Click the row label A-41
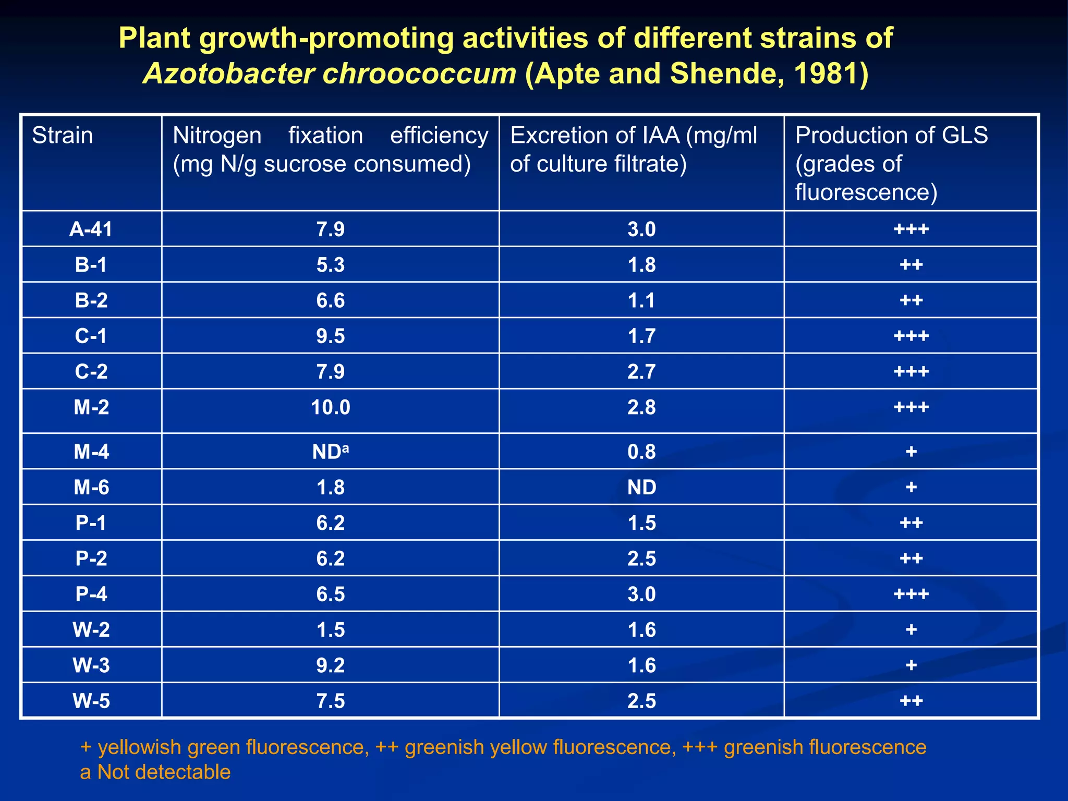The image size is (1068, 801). pyautogui.click(x=91, y=229)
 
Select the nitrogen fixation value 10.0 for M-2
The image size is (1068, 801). pyautogui.click(x=330, y=407)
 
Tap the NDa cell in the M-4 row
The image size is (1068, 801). pyautogui.click(x=330, y=452)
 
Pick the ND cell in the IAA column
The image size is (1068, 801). pyautogui.click(x=641, y=487)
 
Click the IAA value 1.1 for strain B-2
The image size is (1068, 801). pyautogui.click(x=641, y=301)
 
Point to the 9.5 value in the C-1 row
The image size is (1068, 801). pyautogui.click(x=330, y=336)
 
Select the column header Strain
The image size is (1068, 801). pyautogui.click(x=63, y=136)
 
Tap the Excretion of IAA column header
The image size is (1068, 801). pyautogui.click(x=633, y=150)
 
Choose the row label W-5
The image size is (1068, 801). pyautogui.click(x=91, y=701)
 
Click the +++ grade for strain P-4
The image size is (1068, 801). pyautogui.click(x=911, y=594)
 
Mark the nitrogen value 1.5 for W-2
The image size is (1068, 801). pyautogui.click(x=330, y=630)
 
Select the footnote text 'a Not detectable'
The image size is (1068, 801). pyautogui.click(x=155, y=772)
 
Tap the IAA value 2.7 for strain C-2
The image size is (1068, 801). pyautogui.click(x=641, y=372)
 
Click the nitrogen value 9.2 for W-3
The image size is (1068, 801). pyautogui.click(x=330, y=665)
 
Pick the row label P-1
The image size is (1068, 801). pyautogui.click(x=91, y=523)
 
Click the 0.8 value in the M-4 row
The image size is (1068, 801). pyautogui.click(x=641, y=452)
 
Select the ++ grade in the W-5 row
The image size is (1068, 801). pyautogui.click(x=911, y=701)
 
